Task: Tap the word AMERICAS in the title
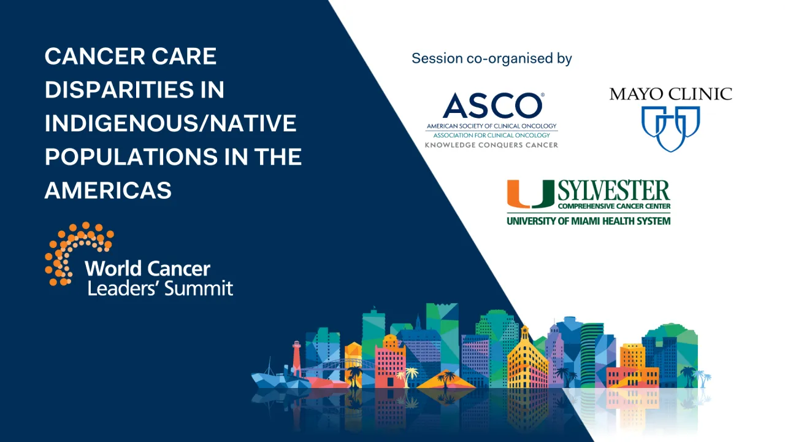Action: pos(108,190)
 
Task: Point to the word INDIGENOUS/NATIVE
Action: pos(170,123)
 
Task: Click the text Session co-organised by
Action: pos(491,58)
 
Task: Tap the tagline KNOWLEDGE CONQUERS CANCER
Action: pos(491,145)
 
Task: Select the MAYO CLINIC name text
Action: pos(670,94)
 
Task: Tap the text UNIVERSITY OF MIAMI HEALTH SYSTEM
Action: pos(588,220)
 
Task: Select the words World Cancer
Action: pos(147,268)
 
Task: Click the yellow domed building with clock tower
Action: pos(526,359)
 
